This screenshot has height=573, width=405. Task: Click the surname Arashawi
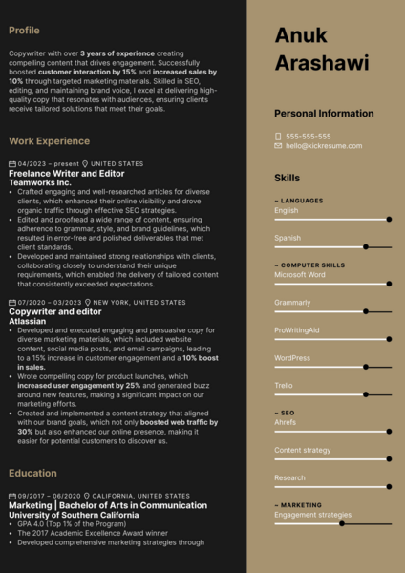(321, 63)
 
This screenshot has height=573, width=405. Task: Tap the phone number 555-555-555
(308, 136)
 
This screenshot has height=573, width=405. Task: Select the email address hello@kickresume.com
(320, 145)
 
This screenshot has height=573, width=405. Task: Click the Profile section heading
(24, 31)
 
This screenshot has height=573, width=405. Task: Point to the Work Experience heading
(49, 141)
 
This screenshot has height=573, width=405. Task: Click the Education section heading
(32, 473)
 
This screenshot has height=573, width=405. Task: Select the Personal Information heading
(324, 113)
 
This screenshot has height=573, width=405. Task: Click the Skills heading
(287, 178)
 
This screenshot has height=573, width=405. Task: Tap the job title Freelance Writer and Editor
(66, 173)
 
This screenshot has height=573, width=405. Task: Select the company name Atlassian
(28, 321)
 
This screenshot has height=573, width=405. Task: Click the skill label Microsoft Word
(299, 274)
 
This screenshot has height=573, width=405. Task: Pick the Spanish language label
(288, 238)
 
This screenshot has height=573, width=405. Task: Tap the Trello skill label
(283, 385)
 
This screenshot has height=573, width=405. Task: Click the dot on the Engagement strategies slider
(342, 523)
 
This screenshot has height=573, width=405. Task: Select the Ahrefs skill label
(285, 421)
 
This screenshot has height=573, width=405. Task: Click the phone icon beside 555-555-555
(278, 136)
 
